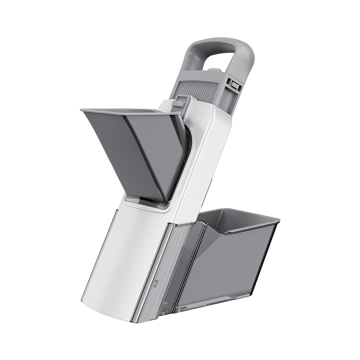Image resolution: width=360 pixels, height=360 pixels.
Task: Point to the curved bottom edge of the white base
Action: tap(108, 310)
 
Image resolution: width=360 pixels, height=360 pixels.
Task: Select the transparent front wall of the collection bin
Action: tap(225, 265)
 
